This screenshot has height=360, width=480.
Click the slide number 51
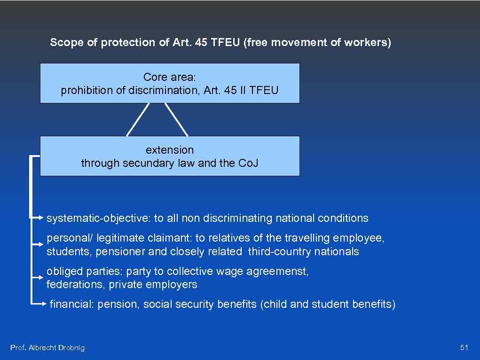[x=464, y=348]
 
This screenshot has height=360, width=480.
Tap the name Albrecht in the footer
[x=42, y=348]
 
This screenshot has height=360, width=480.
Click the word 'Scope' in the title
[x=63, y=42]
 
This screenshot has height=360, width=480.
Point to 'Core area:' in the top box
[x=169, y=77]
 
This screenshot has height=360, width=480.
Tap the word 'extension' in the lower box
[x=170, y=150]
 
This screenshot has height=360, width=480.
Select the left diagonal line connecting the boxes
[x=138, y=120]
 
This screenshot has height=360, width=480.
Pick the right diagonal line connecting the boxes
[x=176, y=120]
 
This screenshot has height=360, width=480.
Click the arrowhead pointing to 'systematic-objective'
[x=42, y=218]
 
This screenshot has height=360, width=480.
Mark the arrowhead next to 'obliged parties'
[x=42, y=277]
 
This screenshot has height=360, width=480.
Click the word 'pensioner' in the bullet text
[x=120, y=251]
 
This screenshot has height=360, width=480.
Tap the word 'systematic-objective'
[x=97, y=218]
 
